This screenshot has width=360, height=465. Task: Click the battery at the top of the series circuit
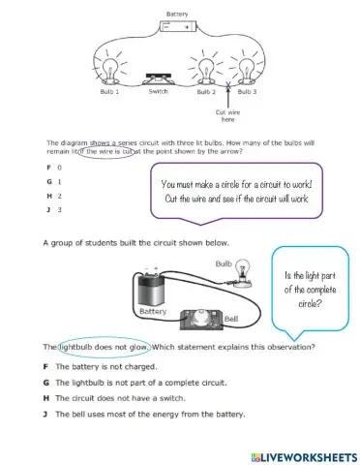pyautogui.click(x=178, y=26)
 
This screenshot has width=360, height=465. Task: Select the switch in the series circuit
pyautogui.click(x=158, y=79)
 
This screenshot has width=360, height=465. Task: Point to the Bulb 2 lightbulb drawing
pyautogui.click(x=206, y=71)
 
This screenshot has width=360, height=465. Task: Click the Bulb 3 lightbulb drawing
pyautogui.click(x=246, y=71)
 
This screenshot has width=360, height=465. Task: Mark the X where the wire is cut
pyautogui.click(x=228, y=85)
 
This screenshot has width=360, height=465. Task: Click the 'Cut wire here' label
pyautogui.click(x=227, y=115)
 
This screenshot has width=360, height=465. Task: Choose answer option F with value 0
pyautogui.click(x=54, y=168)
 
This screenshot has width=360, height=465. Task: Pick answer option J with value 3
pyautogui.click(x=54, y=210)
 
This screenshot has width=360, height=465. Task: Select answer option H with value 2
pyautogui.click(x=54, y=196)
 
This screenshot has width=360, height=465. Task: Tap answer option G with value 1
pyautogui.click(x=54, y=181)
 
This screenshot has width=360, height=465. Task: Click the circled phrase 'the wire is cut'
pyautogui.click(x=106, y=152)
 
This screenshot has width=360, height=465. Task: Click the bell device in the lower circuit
pyautogui.click(x=201, y=320)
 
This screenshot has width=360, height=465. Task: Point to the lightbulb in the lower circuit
pyautogui.click(x=242, y=273)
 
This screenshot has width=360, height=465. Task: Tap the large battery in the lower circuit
pyautogui.click(x=151, y=289)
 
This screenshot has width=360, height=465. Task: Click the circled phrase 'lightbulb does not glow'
pyautogui.click(x=105, y=348)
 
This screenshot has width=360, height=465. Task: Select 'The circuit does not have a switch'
pyautogui.click(x=114, y=398)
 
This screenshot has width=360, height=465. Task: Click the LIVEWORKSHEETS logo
pyautogui.click(x=304, y=457)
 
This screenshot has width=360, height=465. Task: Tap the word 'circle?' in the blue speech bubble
pyautogui.click(x=310, y=303)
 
